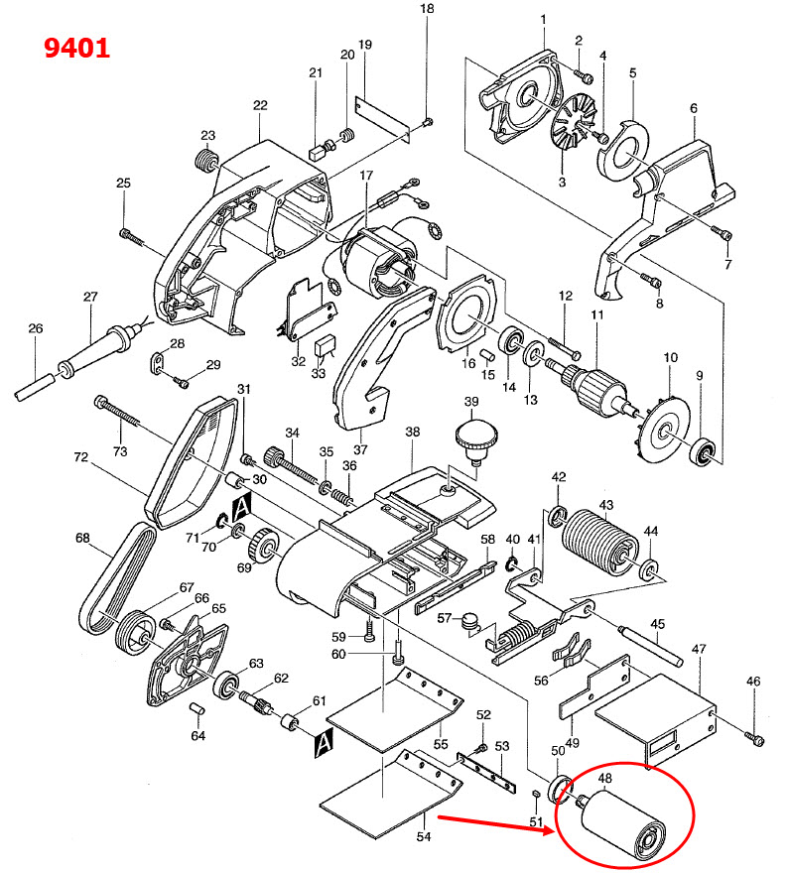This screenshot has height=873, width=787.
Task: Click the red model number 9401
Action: coord(76,46)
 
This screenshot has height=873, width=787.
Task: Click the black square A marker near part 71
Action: coord(241,510)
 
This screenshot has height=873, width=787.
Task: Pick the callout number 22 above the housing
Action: coord(261,106)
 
